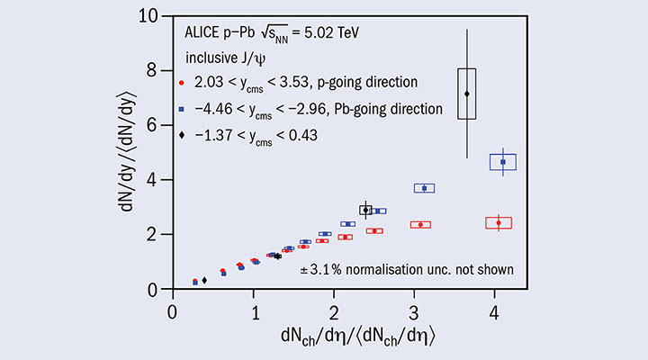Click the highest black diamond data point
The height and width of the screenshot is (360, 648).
[x=466, y=94]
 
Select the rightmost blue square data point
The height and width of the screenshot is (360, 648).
[x=502, y=162]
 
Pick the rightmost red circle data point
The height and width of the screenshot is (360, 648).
[x=498, y=222]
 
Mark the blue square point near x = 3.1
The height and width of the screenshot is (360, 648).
[x=424, y=188]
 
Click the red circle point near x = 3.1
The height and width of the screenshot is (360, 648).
[x=420, y=224]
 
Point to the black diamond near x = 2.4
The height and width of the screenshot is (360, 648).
[x=365, y=210]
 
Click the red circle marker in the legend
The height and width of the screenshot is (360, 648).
[x=182, y=83]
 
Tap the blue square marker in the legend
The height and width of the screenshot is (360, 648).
[x=182, y=109]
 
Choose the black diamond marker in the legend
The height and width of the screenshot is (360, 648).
[x=182, y=135]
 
